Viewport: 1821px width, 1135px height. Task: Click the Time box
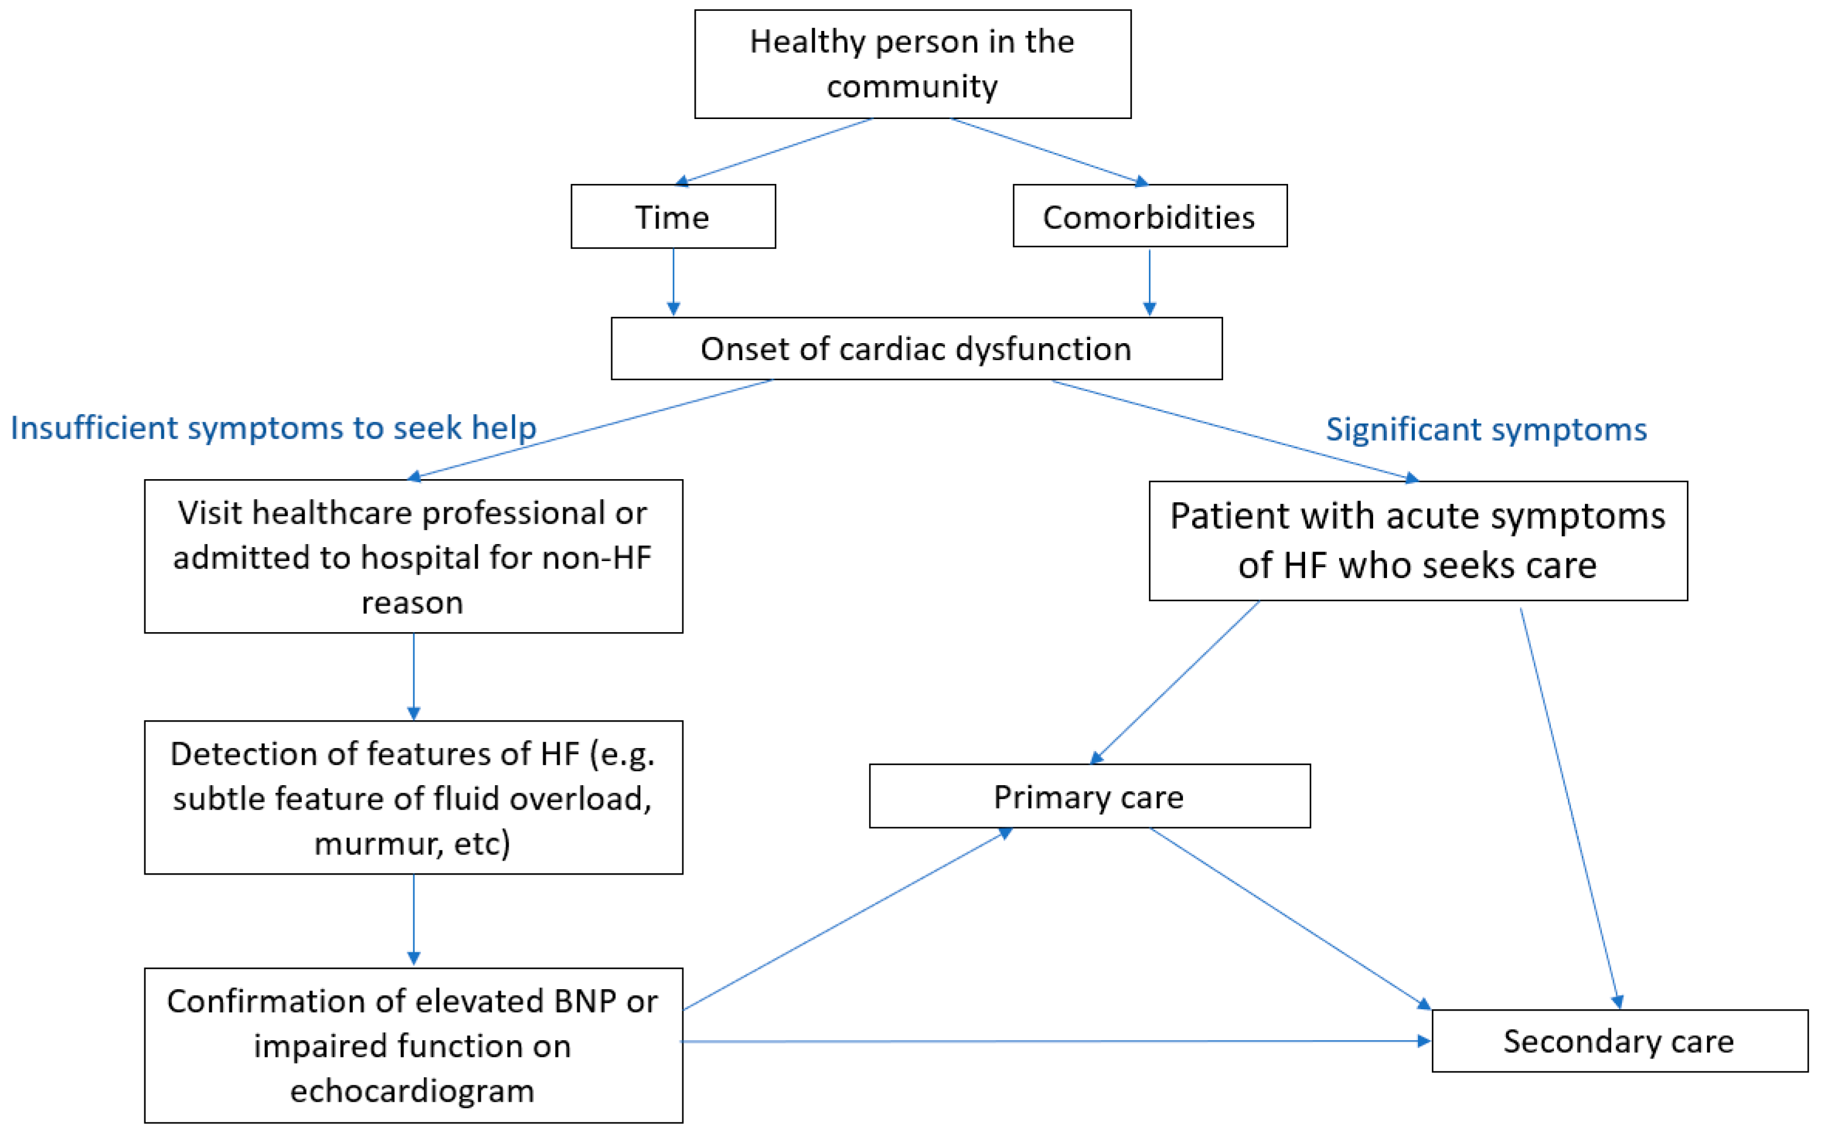(673, 217)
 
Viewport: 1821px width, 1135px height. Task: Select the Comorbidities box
(1150, 216)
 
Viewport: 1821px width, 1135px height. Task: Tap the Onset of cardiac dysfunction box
(916, 349)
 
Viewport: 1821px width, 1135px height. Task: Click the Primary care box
(1090, 797)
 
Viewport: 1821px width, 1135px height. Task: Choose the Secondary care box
(1619, 1041)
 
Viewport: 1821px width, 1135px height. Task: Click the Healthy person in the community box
(912, 64)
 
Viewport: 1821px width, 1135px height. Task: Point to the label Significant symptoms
(1485, 429)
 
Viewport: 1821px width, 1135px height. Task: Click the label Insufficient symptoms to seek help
(273, 428)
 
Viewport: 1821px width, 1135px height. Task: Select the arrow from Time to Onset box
(673, 282)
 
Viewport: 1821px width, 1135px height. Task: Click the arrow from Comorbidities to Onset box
(1150, 282)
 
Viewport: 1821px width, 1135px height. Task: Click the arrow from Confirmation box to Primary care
(848, 919)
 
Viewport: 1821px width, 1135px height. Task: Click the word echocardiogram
(412, 1091)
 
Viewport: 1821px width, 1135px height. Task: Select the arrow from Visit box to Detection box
(413, 675)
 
